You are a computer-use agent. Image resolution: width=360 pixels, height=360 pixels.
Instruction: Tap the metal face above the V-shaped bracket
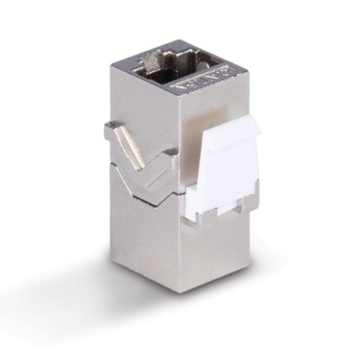[x=153, y=108]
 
